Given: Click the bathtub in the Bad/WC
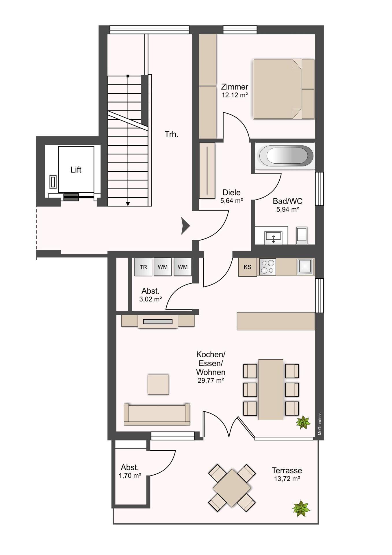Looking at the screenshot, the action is point(286,156).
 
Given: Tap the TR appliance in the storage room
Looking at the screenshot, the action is point(143,267).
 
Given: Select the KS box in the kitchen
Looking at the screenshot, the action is point(248,267).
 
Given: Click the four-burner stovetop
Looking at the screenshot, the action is point(267,267).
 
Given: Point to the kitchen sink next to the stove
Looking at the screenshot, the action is point(305,266).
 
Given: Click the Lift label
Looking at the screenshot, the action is point(76,170).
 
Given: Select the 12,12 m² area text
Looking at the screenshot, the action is point(235,95).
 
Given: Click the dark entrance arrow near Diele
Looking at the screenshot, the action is point(185,226).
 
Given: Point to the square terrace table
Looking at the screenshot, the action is point(232,488).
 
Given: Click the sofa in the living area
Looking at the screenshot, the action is point(157,414).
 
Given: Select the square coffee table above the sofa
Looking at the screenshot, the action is point(158,384).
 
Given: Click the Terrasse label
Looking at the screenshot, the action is point(287,471).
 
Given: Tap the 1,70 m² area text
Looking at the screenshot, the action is point(130,476).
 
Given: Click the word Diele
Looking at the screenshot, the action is point(231,193).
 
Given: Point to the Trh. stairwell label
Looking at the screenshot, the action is point(171,134).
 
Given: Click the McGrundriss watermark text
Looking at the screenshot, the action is point(319,424).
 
